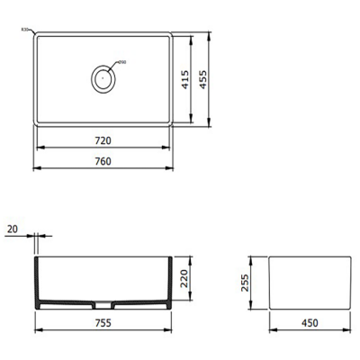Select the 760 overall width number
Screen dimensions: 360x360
tap(103, 162)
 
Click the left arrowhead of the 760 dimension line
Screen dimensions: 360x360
tap(35, 168)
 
